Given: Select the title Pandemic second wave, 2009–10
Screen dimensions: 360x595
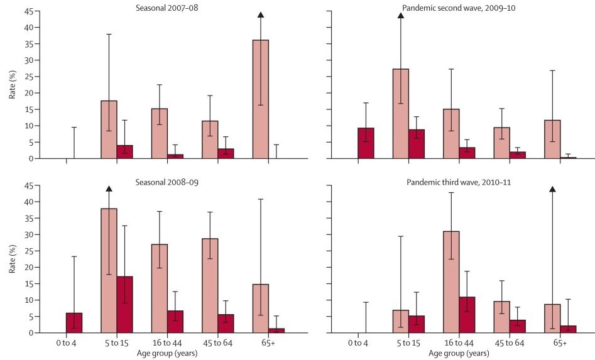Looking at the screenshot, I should [x=457, y=8].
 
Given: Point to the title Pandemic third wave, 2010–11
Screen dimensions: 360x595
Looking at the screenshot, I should [x=458, y=182].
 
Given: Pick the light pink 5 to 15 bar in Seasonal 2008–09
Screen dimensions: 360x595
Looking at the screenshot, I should [x=109, y=270].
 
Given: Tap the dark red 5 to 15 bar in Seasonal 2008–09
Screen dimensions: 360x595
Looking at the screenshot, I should [x=124, y=304].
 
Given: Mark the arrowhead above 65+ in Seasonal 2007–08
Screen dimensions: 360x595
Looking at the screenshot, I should [x=260, y=15].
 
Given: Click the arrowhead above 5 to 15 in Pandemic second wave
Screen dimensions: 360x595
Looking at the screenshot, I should [x=400, y=15].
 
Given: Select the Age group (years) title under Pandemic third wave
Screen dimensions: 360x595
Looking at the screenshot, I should [x=458, y=352].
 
